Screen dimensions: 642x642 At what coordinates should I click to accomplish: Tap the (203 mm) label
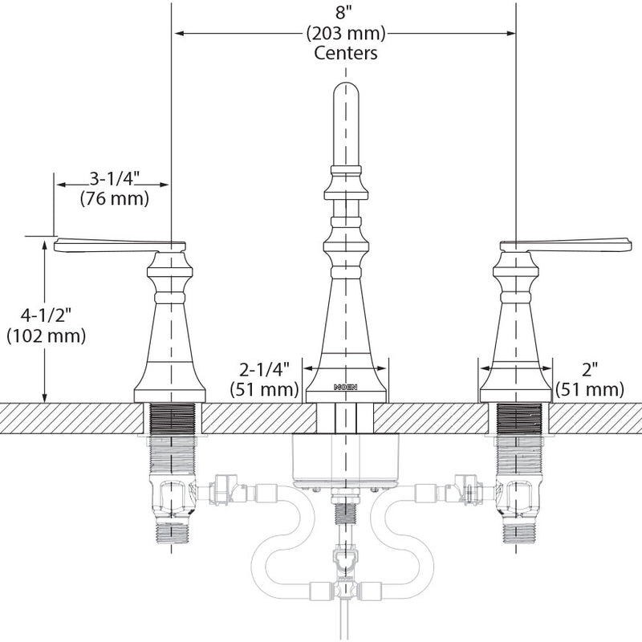point(346,33)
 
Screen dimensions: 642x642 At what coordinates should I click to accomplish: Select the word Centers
point(346,53)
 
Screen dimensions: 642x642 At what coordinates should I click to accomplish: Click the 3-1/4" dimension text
point(115,179)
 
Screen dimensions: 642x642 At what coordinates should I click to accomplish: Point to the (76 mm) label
point(115,198)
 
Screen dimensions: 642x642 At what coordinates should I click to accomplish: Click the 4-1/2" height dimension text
point(47,316)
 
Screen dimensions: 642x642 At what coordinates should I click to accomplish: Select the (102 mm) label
point(47,336)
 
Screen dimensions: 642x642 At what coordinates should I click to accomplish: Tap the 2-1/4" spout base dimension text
point(265,370)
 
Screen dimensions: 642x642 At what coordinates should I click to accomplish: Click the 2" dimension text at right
point(590,370)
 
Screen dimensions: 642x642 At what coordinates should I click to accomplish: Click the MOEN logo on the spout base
point(346,387)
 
